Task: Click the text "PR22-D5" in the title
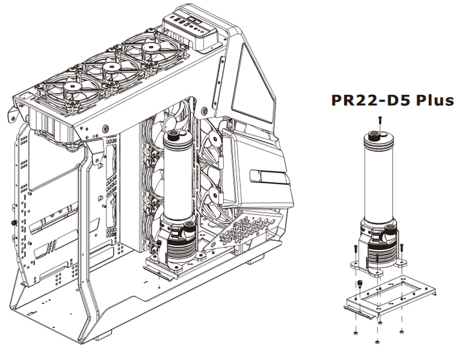(371, 100)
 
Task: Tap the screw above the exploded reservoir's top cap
(380, 120)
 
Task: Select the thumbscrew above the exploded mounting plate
(359, 284)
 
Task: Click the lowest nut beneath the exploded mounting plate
(378, 341)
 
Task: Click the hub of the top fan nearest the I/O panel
(150, 47)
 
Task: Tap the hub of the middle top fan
(111, 67)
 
